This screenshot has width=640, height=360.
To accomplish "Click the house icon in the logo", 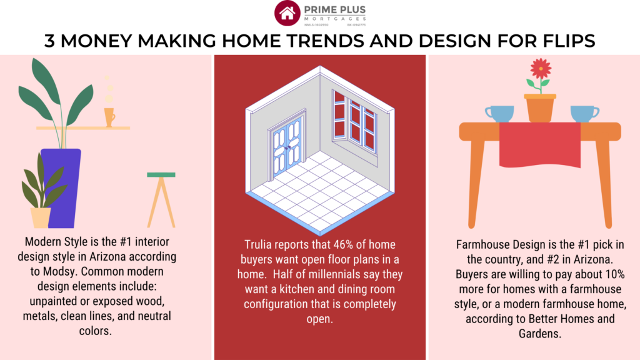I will pyautogui.click(x=287, y=13).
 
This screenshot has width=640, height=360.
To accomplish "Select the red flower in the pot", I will pyautogui.click(x=540, y=68).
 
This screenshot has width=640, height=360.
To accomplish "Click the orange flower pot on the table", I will pyautogui.click(x=540, y=107).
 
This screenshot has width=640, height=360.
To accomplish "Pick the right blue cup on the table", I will pyautogui.click(x=583, y=113).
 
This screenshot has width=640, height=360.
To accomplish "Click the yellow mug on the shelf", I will pyautogui.click(x=109, y=116).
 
